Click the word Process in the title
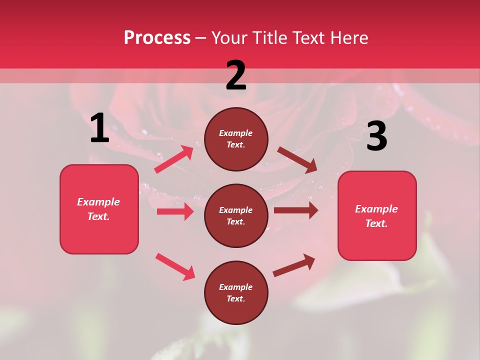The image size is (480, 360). (157, 38)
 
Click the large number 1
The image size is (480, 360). (99, 128)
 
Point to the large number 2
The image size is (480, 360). (236, 75)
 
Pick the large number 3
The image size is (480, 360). (376, 136)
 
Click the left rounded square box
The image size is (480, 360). (99, 209)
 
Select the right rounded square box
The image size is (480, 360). (377, 216)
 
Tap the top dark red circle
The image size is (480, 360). (236, 139)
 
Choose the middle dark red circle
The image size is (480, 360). (236, 215)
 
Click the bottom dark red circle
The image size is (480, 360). (236, 292)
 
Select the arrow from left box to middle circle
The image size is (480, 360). (175, 211)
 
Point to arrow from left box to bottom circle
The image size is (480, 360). (175, 266)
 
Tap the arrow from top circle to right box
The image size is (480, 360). (297, 159)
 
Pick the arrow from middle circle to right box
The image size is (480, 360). (295, 210)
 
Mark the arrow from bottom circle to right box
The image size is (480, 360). (294, 265)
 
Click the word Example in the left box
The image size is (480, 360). (98, 202)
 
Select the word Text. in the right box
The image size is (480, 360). (376, 223)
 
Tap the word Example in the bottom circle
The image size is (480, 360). (236, 287)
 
